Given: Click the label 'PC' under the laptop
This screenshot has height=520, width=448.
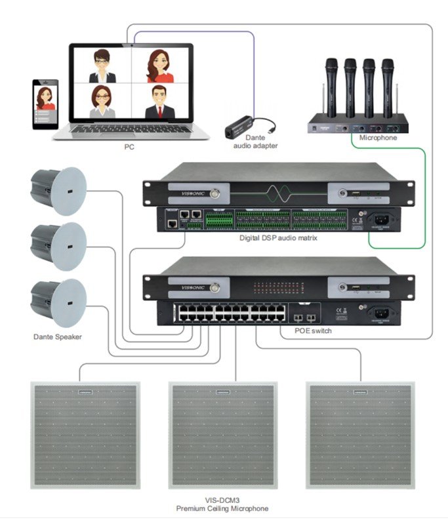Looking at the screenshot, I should click(x=129, y=147).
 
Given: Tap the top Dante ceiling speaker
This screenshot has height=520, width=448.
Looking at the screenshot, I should click(x=58, y=191).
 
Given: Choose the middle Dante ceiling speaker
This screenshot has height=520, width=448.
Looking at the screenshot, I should click(x=58, y=247).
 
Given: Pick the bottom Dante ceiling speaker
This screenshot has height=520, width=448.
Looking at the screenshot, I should click(x=58, y=302).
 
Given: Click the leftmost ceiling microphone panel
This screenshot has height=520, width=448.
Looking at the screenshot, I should click(x=85, y=433).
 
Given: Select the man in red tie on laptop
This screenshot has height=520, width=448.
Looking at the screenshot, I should click(x=159, y=103).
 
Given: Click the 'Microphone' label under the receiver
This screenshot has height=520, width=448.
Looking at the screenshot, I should click(x=378, y=138).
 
